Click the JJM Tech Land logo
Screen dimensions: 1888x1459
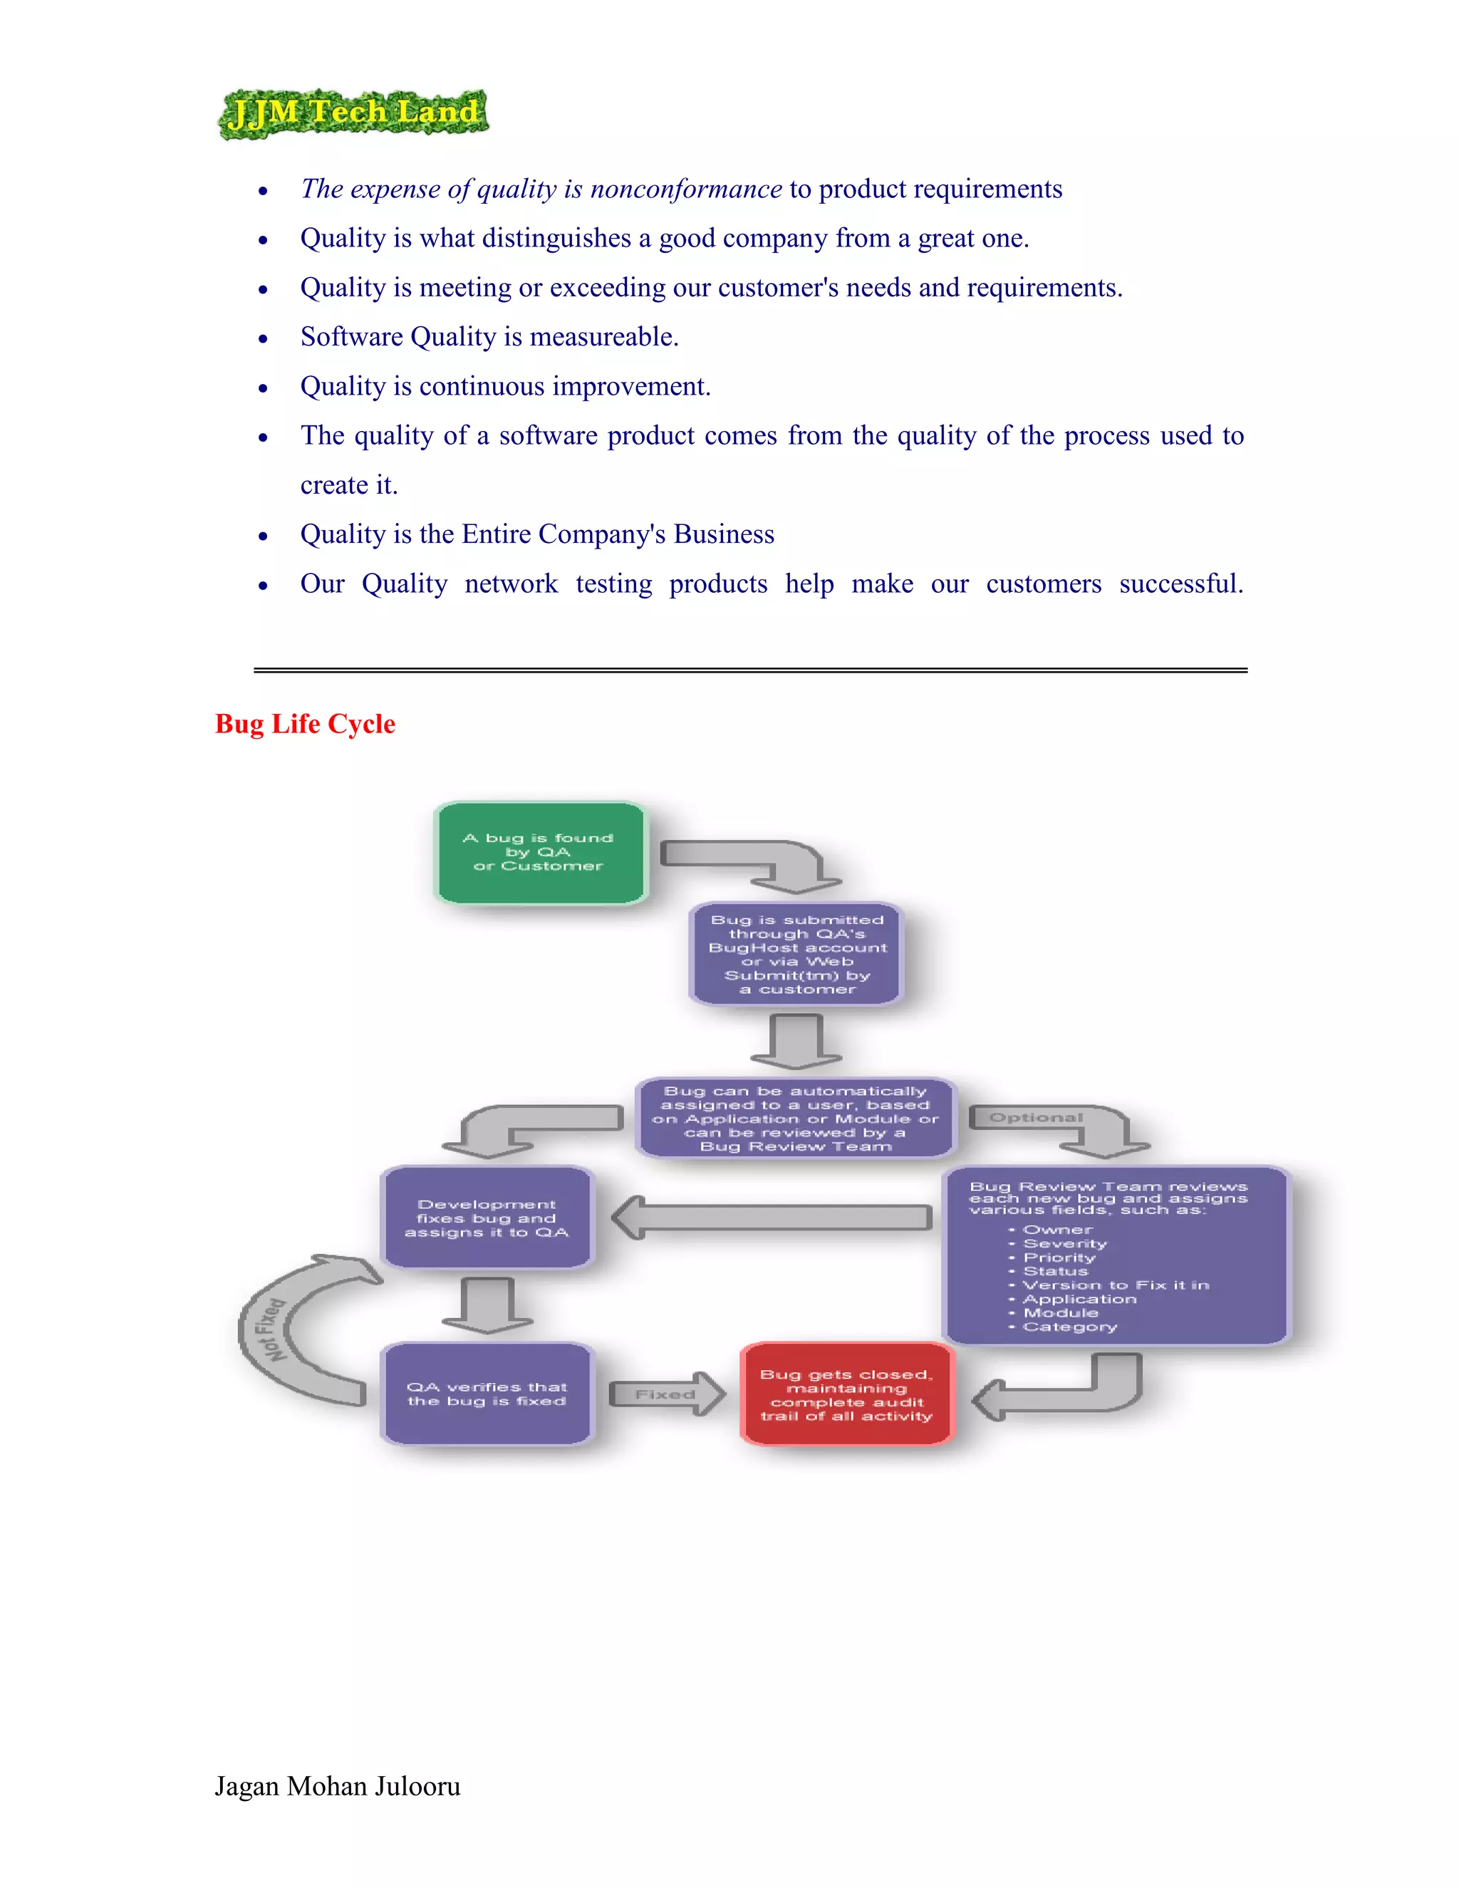click(353, 113)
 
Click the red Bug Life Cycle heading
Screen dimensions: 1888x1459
click(305, 724)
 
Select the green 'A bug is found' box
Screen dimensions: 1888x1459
click(539, 852)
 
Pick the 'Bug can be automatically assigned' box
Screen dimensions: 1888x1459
click(795, 1119)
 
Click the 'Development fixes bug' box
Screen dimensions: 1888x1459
click(487, 1218)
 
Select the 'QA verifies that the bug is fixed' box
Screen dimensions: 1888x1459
click(487, 1394)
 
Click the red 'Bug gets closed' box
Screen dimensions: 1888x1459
click(847, 1394)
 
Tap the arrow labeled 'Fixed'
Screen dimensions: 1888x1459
click(666, 1394)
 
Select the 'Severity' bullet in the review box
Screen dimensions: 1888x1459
click(1065, 1244)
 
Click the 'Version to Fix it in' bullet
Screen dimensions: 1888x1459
click(1116, 1285)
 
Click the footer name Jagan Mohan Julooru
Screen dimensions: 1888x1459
click(337, 1786)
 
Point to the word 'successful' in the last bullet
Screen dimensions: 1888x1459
click(1179, 583)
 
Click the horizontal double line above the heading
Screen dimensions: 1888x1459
click(750, 670)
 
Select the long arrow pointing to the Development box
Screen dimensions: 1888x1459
click(772, 1217)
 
